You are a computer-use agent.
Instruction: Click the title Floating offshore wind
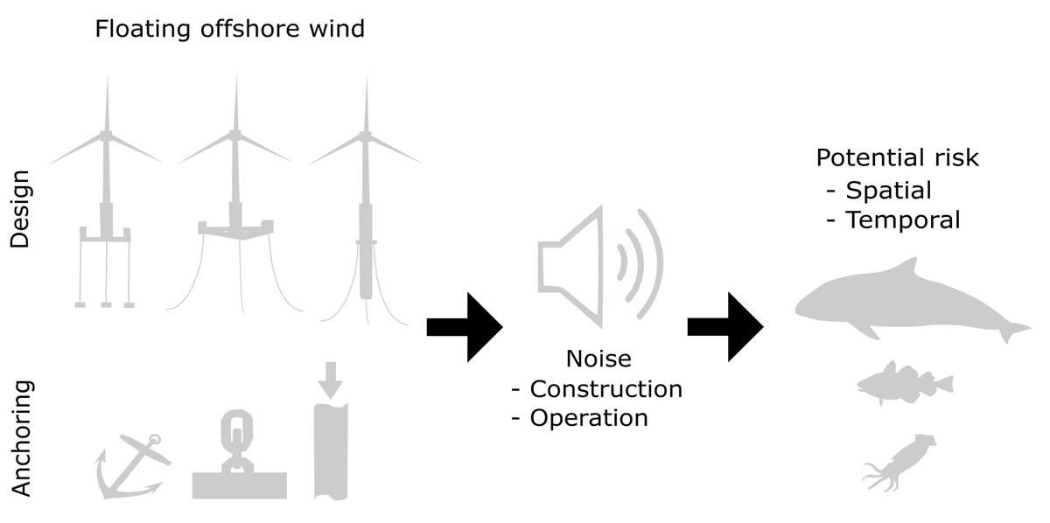tap(229, 30)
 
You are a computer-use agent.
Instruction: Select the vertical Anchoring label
tap(22, 437)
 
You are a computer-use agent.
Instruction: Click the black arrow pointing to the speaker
tap(464, 326)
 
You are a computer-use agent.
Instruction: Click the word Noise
tap(598, 359)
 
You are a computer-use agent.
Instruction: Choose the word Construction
tap(605, 388)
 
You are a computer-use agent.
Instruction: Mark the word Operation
tap(589, 418)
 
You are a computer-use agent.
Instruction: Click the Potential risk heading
tap(897, 158)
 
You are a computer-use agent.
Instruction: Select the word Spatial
tap(889, 190)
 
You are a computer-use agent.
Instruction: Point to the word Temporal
tap(903, 220)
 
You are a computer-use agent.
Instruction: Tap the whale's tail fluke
tap(1016, 331)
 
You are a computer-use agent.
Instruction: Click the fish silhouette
tap(902, 381)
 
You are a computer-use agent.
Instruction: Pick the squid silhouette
tap(897, 460)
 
